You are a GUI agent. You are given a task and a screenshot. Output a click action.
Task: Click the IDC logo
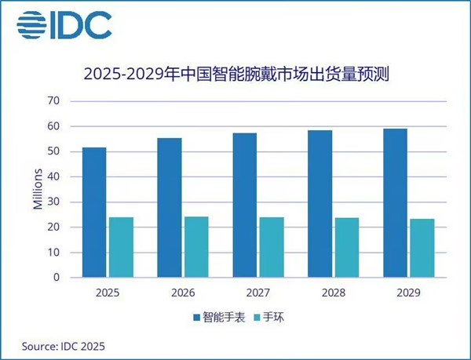64,26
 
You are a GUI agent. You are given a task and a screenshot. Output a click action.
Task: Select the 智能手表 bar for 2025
93,212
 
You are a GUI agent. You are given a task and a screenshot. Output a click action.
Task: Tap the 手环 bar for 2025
121,247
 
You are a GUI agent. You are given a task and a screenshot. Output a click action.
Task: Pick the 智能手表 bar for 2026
170,207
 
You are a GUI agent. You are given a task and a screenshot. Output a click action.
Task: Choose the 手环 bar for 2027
272,247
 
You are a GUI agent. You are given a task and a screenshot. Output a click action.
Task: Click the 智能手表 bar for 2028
319,203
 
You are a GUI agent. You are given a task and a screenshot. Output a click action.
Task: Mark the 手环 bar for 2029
422,248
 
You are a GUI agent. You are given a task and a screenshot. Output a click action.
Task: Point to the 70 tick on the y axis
53,101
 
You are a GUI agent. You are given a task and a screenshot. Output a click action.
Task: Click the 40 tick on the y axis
53,176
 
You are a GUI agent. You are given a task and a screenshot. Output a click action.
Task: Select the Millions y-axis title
37,189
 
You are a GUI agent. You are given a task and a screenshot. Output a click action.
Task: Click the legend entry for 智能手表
217,318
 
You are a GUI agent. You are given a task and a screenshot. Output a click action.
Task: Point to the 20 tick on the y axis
53,227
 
